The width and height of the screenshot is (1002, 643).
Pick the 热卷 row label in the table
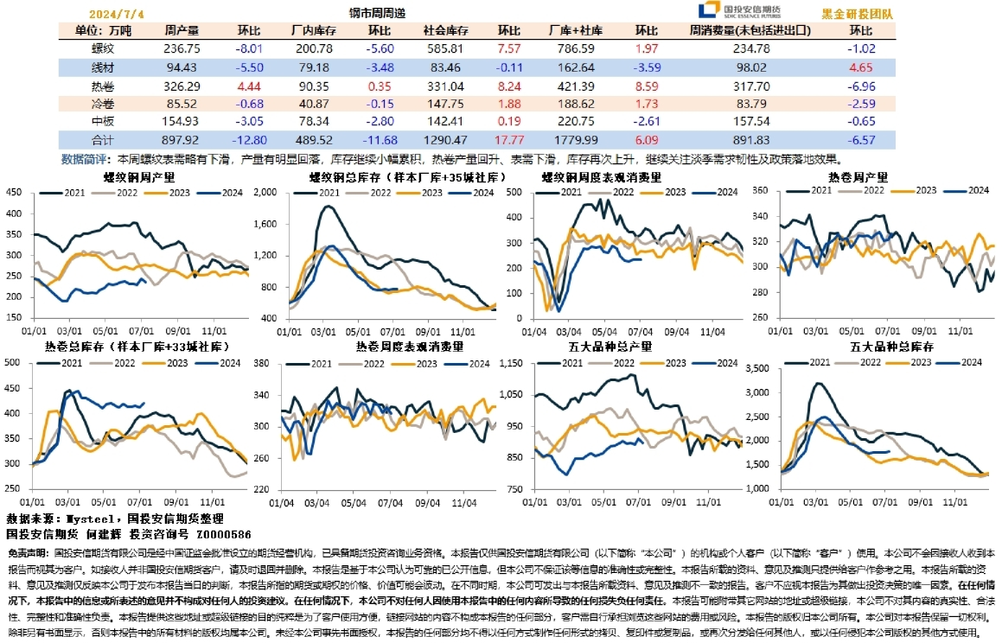click(103, 86)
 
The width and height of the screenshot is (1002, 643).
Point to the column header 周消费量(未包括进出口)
click(750, 30)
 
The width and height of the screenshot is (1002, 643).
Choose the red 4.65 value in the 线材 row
click(861, 67)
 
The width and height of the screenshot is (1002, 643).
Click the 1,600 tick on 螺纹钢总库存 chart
click(263, 225)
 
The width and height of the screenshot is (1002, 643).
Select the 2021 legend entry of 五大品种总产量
click(578, 364)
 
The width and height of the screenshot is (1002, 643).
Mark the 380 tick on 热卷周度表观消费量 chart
click(263, 363)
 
